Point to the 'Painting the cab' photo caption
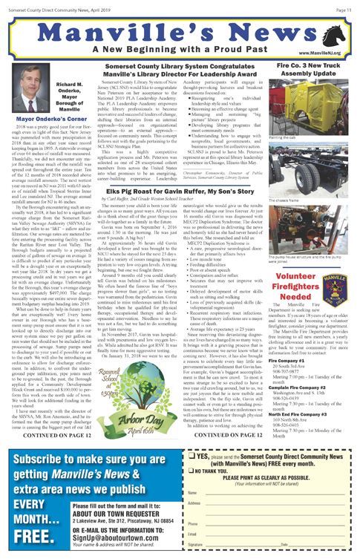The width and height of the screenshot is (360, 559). point(283,138)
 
